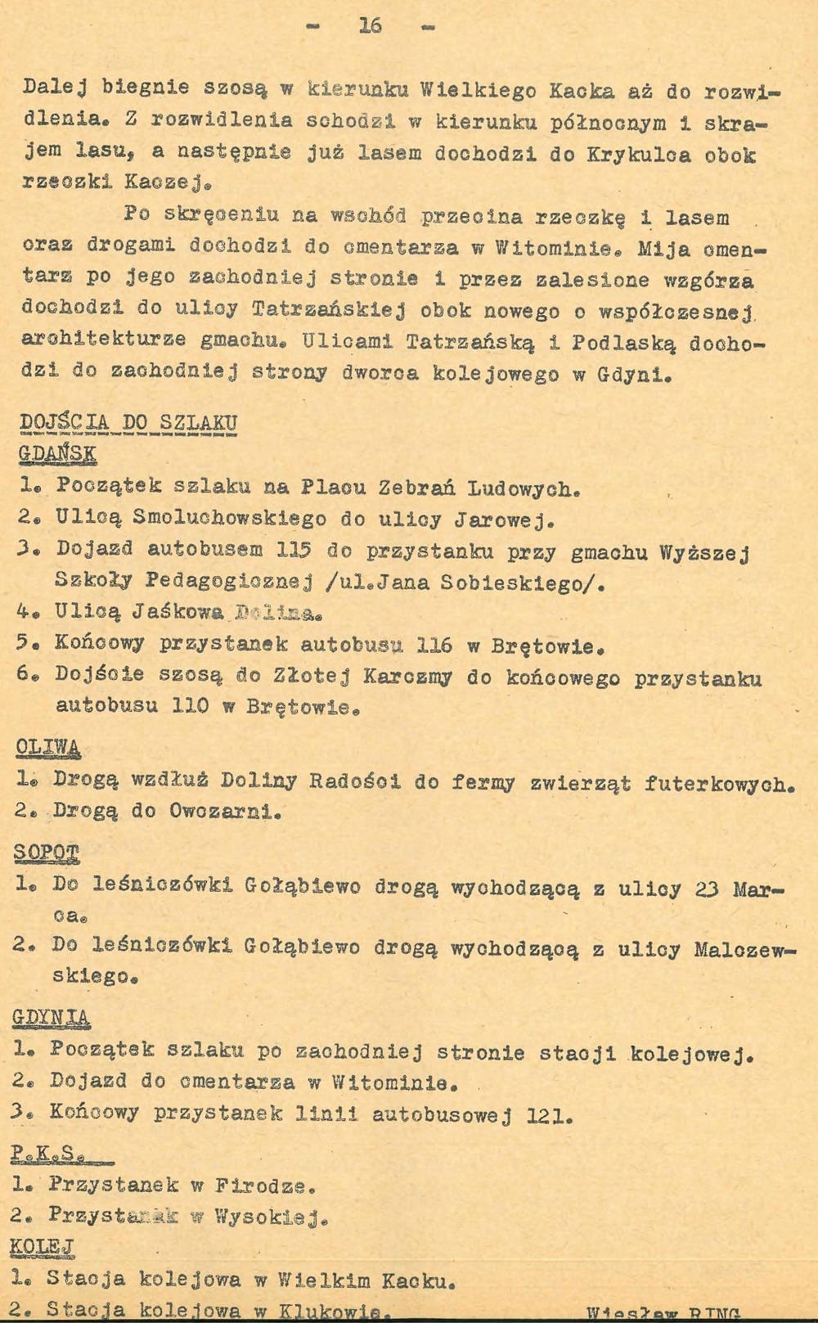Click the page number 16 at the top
(370, 26)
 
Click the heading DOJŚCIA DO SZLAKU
(128, 423)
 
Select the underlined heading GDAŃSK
(56, 454)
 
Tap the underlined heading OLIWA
(47, 748)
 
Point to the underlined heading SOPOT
(47, 853)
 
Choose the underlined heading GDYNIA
(51, 1018)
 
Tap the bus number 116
(434, 646)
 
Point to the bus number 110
(190, 705)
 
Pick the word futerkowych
(718, 783)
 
